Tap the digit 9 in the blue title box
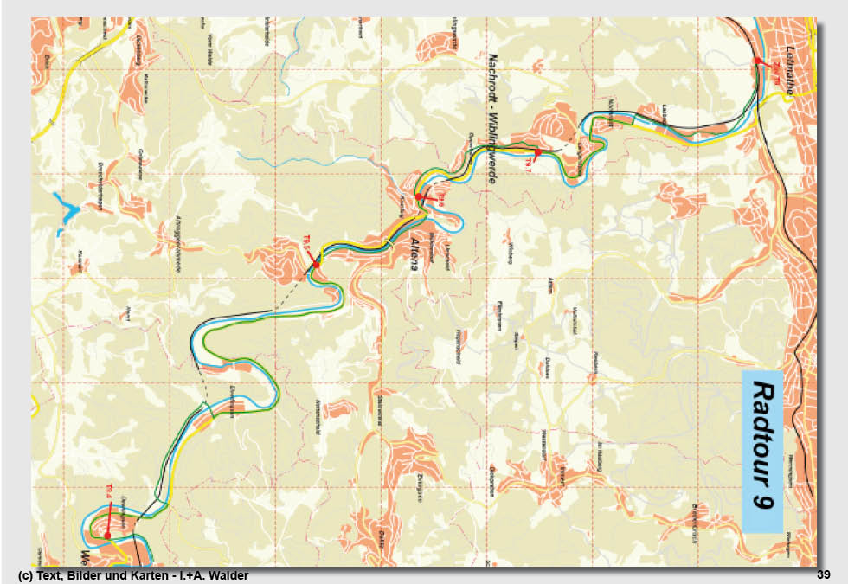762,500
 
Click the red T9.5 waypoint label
305,243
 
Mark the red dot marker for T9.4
106,536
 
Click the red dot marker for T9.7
537,152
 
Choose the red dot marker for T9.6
419,197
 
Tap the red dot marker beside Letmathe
757,60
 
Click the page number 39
823,575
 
